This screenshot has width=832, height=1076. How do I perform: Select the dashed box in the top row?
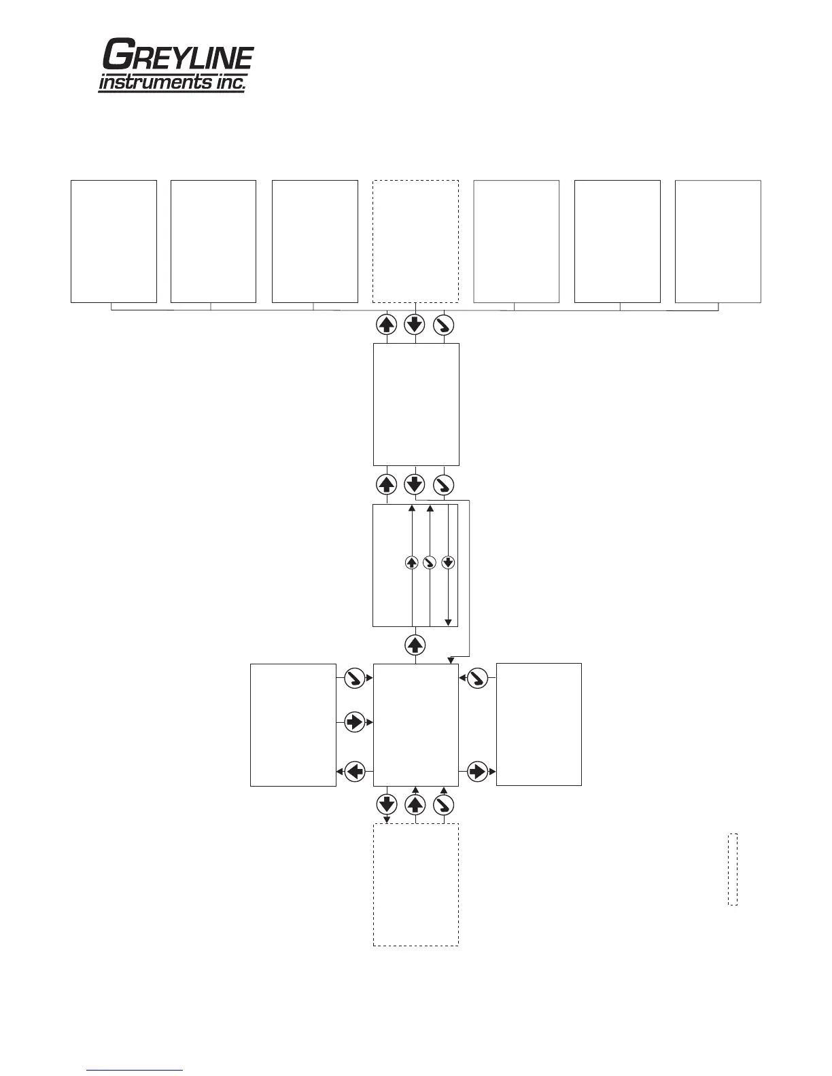415,241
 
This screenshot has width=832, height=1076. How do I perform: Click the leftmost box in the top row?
114,241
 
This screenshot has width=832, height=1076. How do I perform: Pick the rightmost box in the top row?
717,241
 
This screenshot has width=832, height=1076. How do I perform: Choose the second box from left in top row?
213,241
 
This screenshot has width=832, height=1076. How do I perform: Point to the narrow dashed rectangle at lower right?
732,869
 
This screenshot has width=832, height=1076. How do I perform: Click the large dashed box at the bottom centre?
415,884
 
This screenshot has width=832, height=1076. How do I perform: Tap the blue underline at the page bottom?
135,1071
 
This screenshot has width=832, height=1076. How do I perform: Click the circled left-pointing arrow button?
355,772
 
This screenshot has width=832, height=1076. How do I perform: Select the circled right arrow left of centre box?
355,721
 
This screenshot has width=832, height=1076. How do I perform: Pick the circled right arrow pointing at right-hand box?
478,772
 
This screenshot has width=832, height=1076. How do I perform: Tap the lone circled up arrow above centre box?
415,645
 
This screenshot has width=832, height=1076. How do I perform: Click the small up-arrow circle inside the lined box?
411,562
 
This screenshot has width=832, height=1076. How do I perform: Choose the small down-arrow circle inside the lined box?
447,562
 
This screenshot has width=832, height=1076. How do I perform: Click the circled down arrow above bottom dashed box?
387,805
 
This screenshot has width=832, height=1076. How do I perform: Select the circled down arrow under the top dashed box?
415,325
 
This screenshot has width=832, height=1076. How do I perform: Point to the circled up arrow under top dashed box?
386,325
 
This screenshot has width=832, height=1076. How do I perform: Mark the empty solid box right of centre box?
538,724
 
